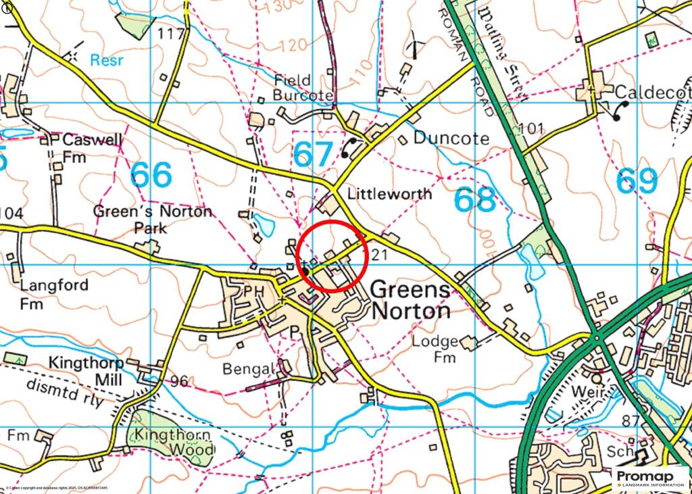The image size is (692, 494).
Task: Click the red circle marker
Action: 332,256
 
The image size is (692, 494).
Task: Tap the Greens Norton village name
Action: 410,301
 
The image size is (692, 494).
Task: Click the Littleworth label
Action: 389,194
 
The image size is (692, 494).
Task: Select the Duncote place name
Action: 451,139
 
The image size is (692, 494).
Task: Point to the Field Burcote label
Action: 303,88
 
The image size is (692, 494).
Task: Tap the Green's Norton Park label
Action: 152,219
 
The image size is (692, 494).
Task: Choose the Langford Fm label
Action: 54,293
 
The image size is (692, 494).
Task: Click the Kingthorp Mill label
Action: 85,371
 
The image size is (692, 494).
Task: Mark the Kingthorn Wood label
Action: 174,442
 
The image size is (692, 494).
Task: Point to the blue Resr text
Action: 107,60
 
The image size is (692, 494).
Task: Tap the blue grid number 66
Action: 152,175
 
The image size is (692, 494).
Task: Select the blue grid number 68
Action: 474,200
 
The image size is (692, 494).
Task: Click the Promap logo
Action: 651,478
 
